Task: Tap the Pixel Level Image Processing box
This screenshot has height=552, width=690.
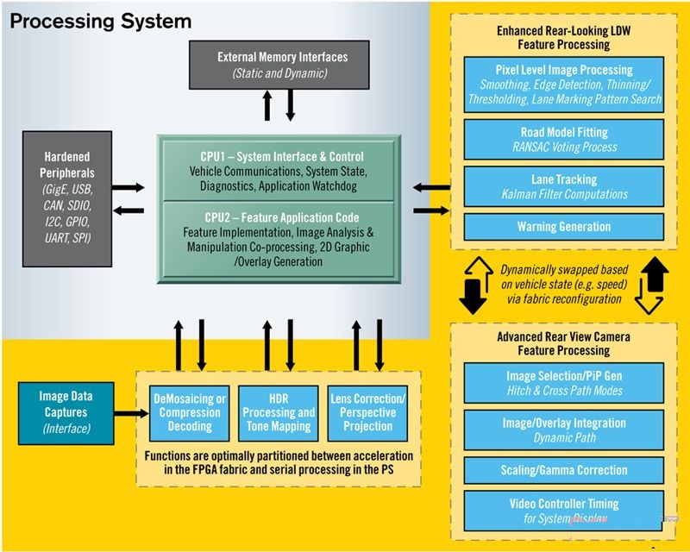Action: coord(564,84)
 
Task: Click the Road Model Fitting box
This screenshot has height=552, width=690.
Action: coord(564,139)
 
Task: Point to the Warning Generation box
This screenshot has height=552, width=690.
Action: coord(564,227)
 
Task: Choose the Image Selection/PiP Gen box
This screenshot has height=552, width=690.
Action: coord(564,382)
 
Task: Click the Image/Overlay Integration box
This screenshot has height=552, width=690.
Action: coord(564,430)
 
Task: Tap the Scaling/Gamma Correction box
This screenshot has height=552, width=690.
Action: coord(564,471)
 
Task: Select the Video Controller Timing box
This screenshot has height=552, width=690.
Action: coord(564,510)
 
